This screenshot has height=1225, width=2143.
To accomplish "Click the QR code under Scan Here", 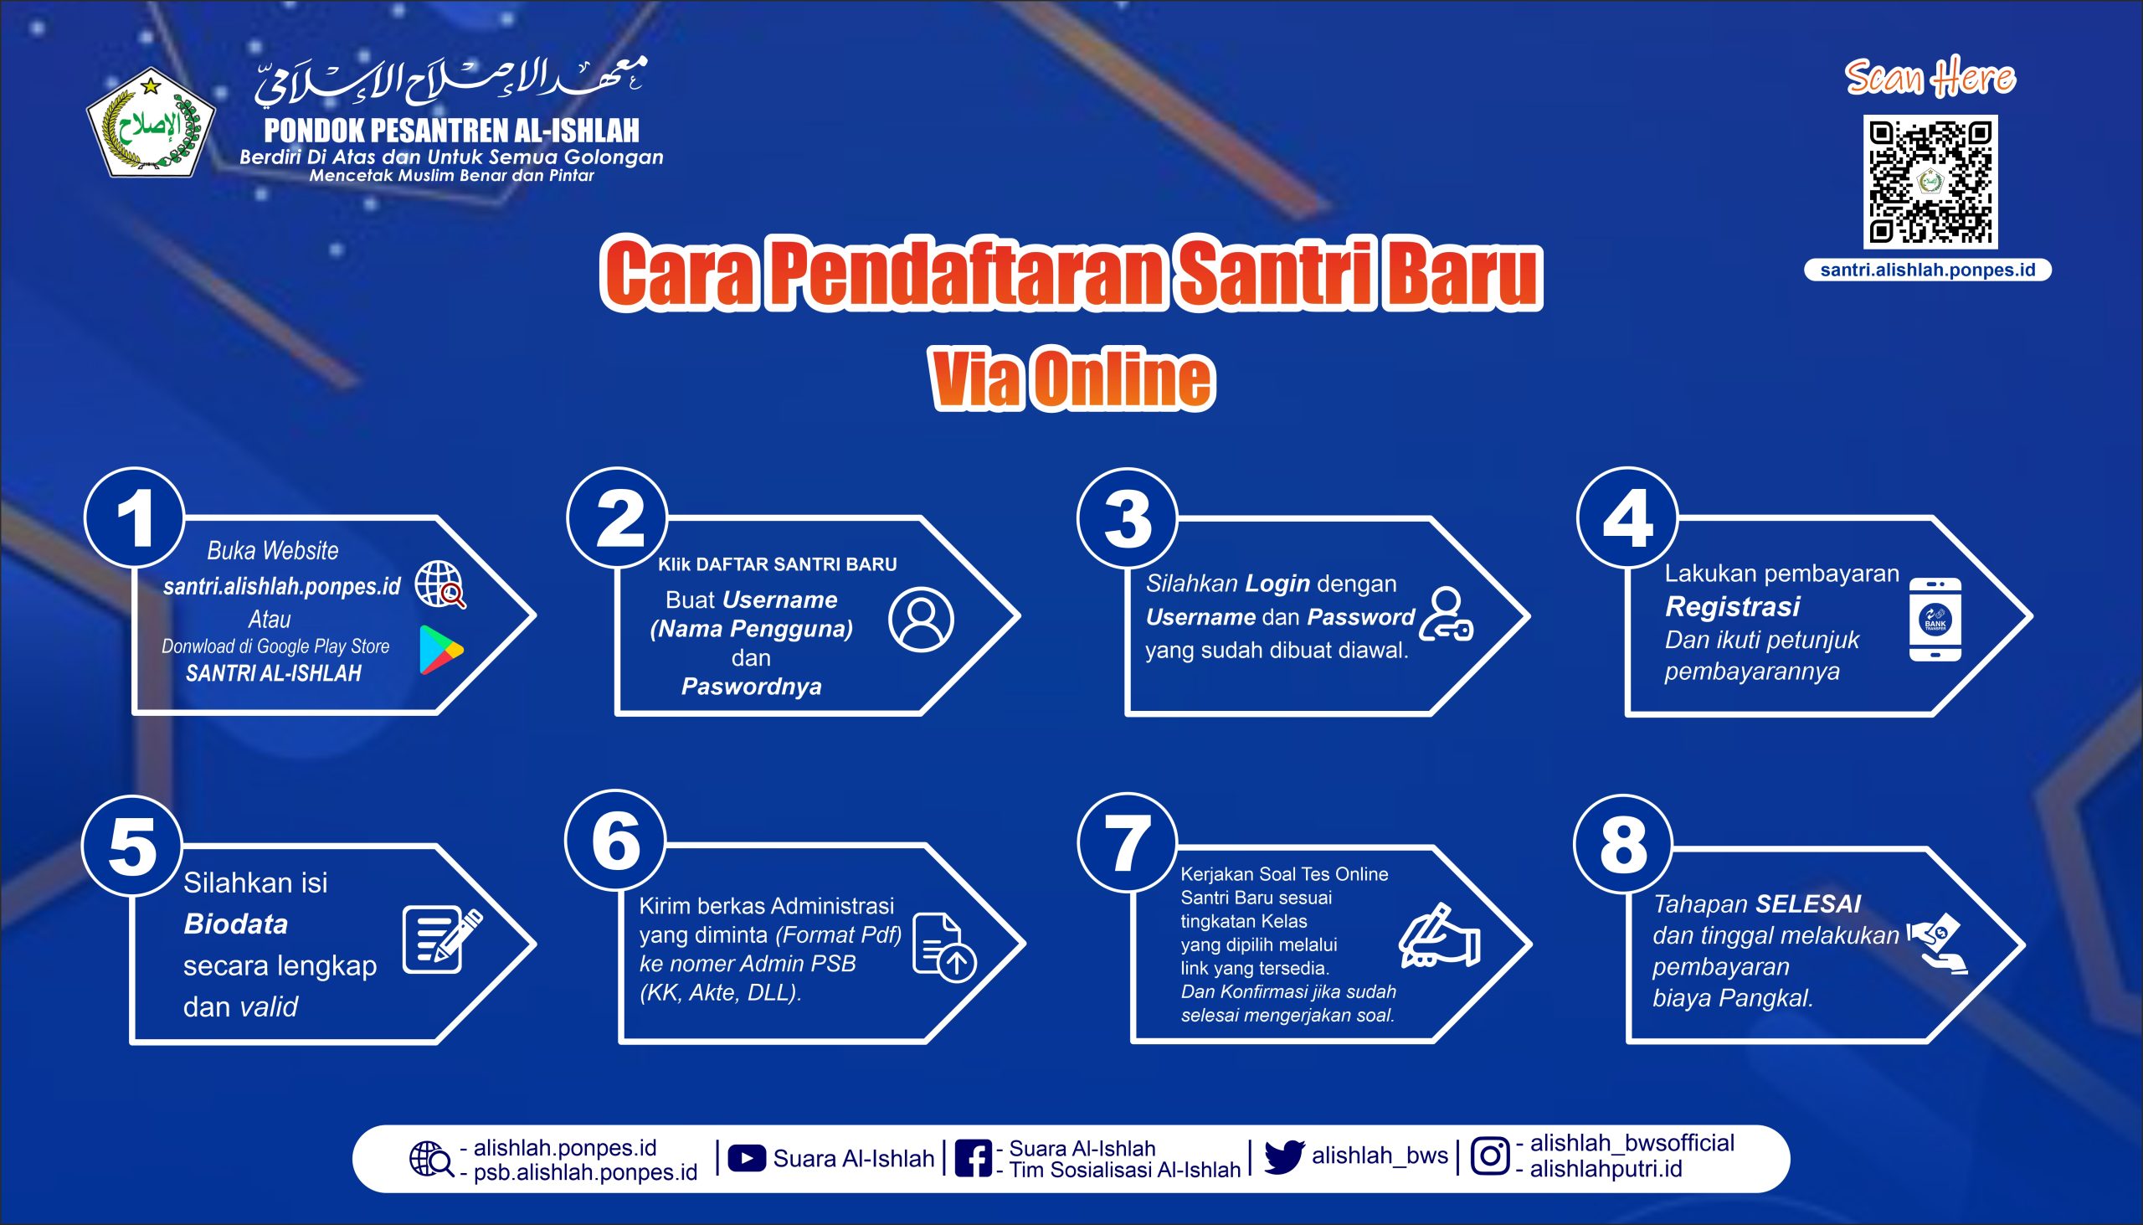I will click(1930, 181).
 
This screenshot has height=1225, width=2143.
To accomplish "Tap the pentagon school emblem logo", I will click(151, 124).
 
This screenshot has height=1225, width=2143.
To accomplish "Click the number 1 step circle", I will click(135, 518).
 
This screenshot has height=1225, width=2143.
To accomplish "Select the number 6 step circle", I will click(615, 841).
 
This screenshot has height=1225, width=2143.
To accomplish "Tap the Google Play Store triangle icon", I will click(440, 650).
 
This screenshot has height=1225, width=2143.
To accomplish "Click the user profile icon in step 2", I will click(921, 620).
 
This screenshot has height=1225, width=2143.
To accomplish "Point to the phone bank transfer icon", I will click(1935, 620).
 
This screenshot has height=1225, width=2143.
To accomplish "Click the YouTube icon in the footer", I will click(746, 1159).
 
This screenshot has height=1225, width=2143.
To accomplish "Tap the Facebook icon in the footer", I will click(973, 1159).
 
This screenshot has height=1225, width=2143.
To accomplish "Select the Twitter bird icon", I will click(1283, 1158).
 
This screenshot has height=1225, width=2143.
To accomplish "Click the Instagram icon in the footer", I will click(1489, 1156).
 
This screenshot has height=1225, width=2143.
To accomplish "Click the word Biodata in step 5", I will click(235, 924).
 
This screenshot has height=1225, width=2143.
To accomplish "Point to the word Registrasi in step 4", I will click(1733, 606).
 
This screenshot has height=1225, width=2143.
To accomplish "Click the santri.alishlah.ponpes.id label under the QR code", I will click(1928, 270).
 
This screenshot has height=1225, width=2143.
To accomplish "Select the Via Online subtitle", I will click(1072, 380).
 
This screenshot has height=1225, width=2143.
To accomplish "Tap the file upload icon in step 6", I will click(943, 946).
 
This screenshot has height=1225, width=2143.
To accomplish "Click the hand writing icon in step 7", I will click(1439, 936).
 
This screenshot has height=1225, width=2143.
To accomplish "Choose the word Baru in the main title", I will click(1463, 275).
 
